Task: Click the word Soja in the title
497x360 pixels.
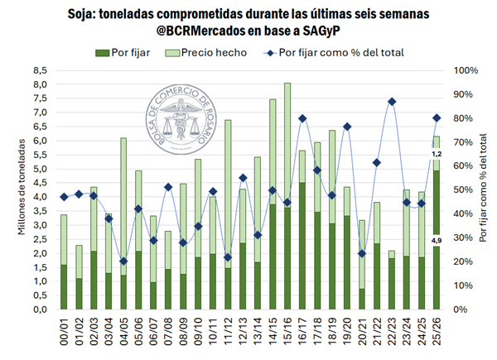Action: pyautogui.click(x=80, y=16)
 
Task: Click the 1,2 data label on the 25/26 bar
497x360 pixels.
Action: pyautogui.click(x=437, y=154)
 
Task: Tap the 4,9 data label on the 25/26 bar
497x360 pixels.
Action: pyautogui.click(x=437, y=240)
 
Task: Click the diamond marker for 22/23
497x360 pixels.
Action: pyautogui.click(x=390, y=102)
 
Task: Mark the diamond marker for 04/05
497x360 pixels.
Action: pyautogui.click(x=123, y=262)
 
